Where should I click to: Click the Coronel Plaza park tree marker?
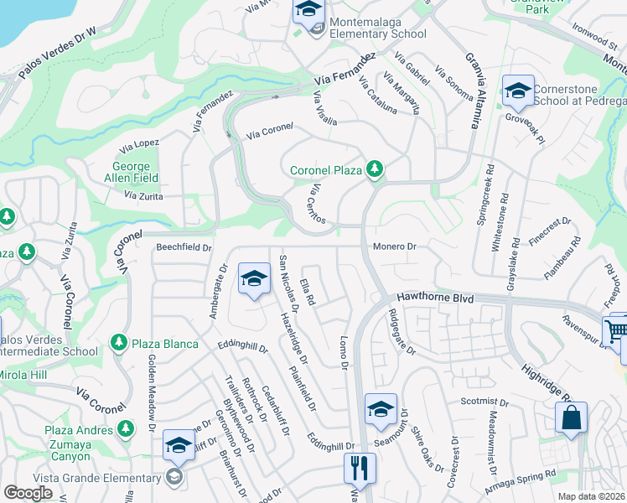pyautogui.click(x=375, y=170)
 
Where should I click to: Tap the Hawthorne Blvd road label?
pyautogui.click(x=435, y=298)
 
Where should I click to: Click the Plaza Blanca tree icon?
pyautogui.click(x=118, y=344)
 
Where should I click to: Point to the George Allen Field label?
pyautogui.click(x=131, y=173)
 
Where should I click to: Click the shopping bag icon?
pyautogui.click(x=571, y=417)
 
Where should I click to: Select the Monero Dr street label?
pyautogui.click(x=394, y=246)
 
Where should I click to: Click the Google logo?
pyautogui.click(x=28, y=493)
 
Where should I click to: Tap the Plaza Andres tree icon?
pyautogui.click(x=125, y=429)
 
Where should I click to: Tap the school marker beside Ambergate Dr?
pyautogui.click(x=252, y=279)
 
